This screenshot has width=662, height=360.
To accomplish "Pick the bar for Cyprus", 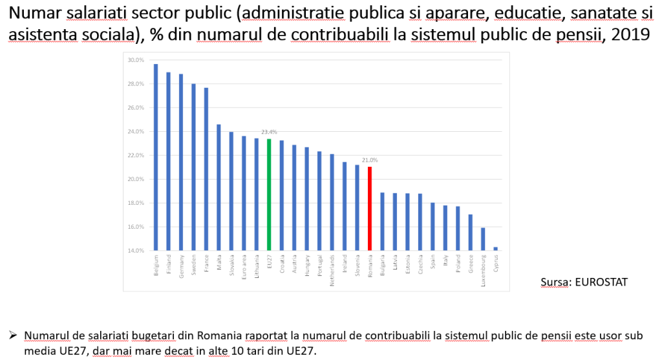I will (496, 248).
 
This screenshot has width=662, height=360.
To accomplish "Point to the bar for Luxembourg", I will (483, 238).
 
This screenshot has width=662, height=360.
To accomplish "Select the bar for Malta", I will (219, 187).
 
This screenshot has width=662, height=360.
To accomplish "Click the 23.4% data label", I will (269, 132).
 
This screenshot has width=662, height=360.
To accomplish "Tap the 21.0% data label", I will (370, 160).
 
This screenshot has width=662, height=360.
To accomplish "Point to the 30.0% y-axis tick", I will (135, 60).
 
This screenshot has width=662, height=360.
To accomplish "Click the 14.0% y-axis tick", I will (135, 250).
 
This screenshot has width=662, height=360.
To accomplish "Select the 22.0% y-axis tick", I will (135, 155).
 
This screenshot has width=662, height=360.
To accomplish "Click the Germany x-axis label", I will (181, 265).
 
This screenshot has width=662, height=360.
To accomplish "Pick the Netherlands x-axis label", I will (332, 266).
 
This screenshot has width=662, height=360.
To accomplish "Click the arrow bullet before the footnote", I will (12, 336).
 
